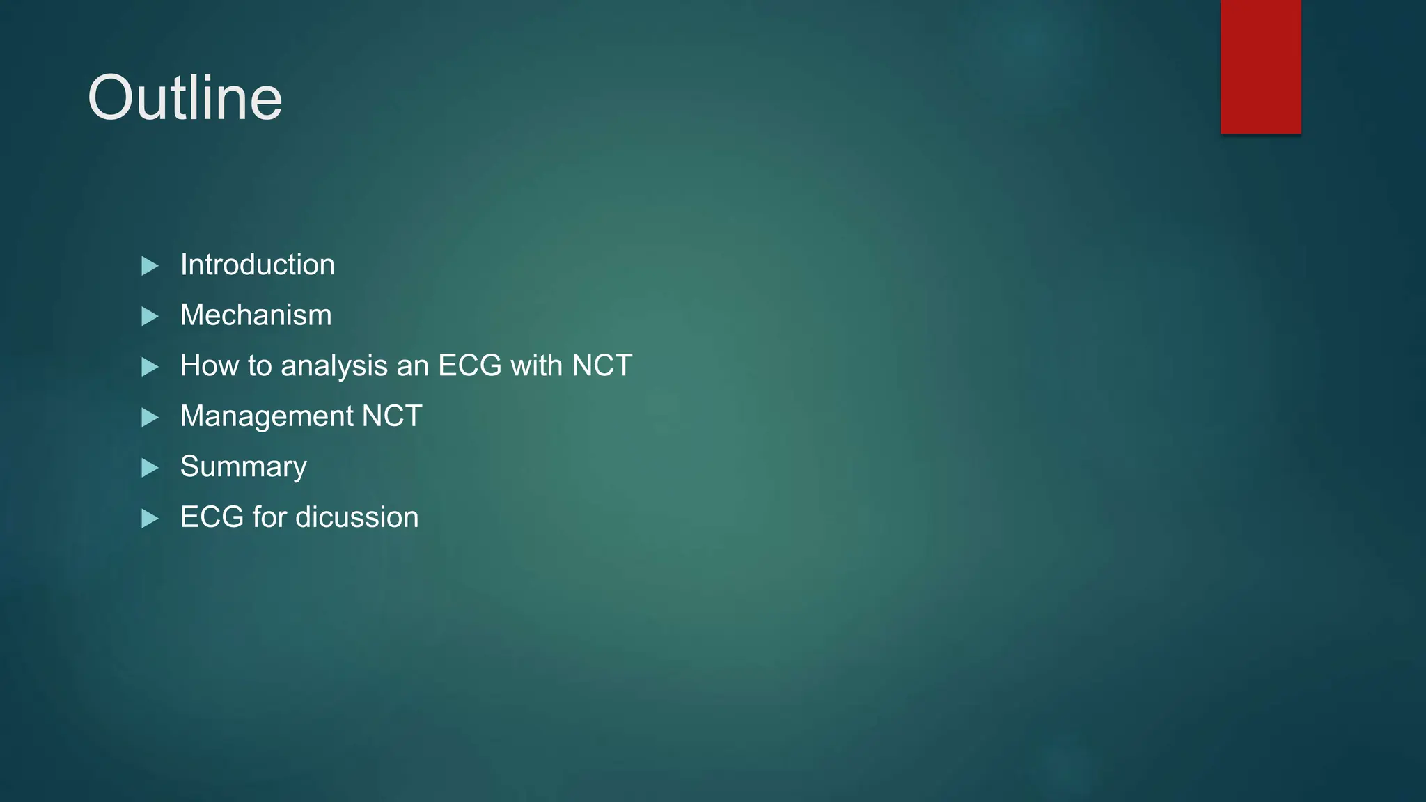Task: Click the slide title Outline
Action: pyautogui.click(x=185, y=98)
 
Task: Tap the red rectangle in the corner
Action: pyautogui.click(x=1260, y=66)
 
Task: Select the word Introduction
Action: pyautogui.click(x=257, y=265)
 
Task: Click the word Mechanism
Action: pyautogui.click(x=256, y=315)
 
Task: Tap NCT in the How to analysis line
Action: pyautogui.click(x=602, y=366)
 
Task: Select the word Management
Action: pyautogui.click(x=267, y=417)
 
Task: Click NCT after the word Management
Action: pyautogui.click(x=392, y=417)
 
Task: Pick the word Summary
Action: pyautogui.click(x=243, y=467)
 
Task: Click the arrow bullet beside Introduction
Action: pyautogui.click(x=150, y=266)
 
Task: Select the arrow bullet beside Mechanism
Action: pyautogui.click(x=150, y=317)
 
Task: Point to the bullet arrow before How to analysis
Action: pyautogui.click(x=150, y=367)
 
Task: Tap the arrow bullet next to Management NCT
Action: pyautogui.click(x=150, y=418)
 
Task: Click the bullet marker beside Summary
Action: pyautogui.click(x=150, y=468)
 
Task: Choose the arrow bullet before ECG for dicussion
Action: pyautogui.click(x=150, y=519)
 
